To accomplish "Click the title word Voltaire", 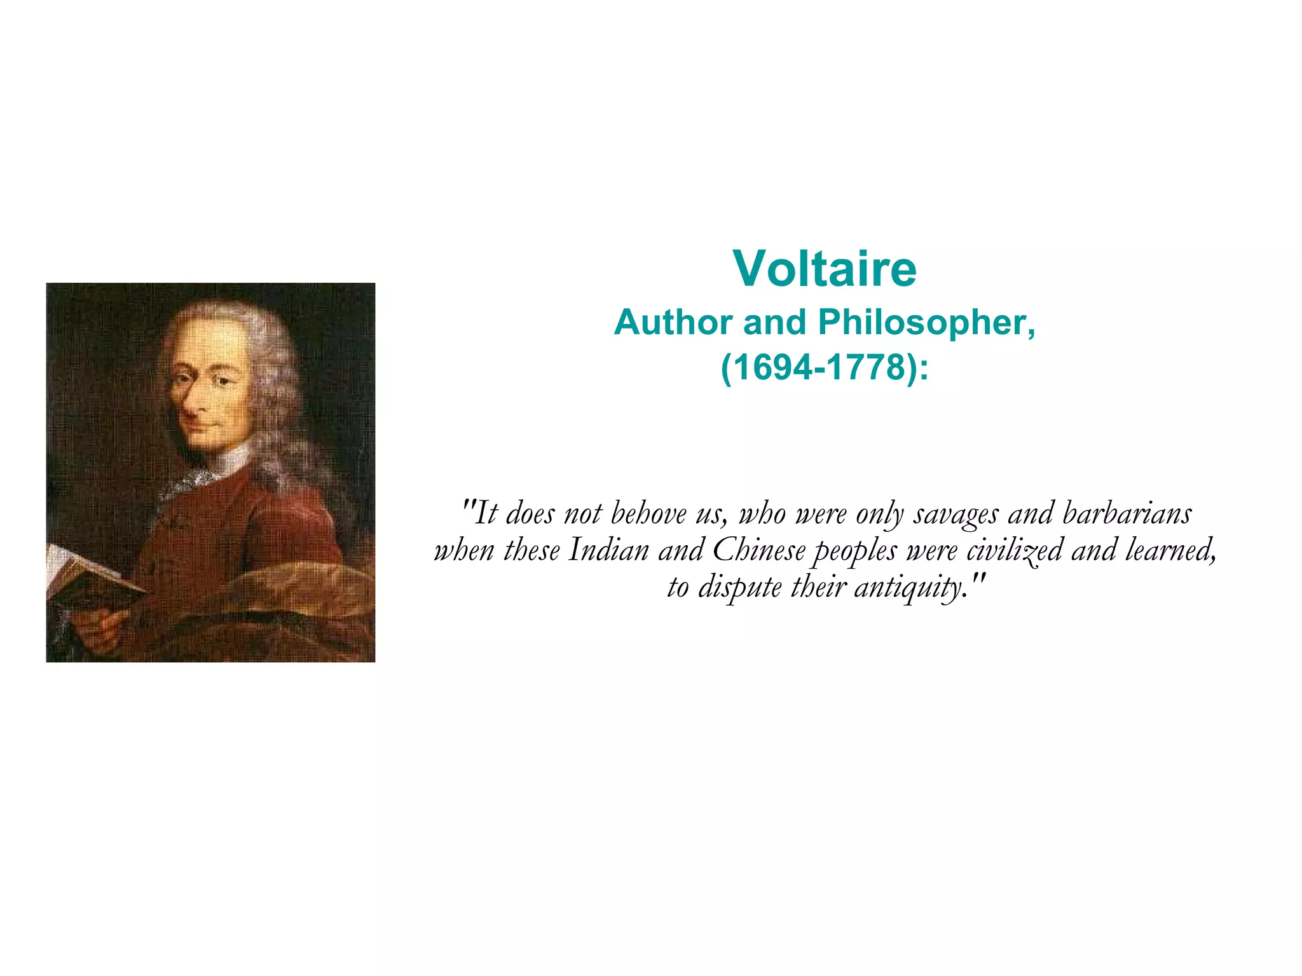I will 824,269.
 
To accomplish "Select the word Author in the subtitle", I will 673,322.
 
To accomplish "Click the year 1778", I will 869,367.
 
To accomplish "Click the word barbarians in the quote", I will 1127,513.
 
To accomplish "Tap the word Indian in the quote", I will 608,550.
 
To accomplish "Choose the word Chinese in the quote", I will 758,550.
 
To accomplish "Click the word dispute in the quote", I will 739,587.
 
